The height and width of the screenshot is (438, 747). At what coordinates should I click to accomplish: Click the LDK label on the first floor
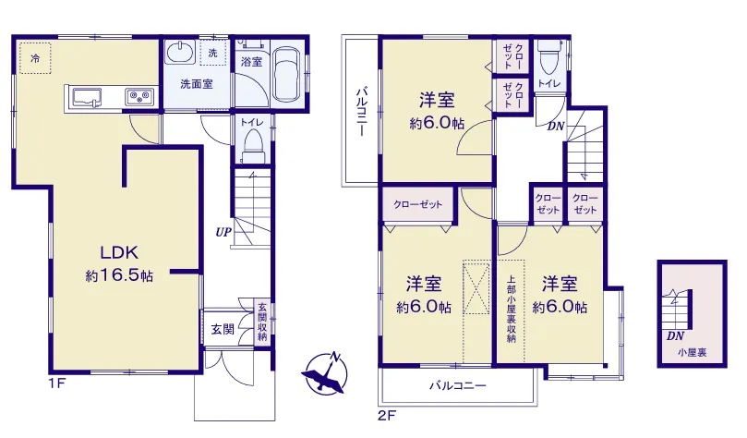pyautogui.click(x=118, y=252)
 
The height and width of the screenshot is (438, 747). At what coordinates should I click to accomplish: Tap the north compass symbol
pyautogui.click(x=325, y=373)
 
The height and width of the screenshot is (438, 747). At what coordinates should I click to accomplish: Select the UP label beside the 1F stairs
pyautogui.click(x=223, y=232)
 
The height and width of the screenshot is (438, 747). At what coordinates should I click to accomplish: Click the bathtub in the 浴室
pyautogui.click(x=287, y=74)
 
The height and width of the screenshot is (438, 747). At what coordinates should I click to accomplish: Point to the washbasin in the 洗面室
pyautogui.click(x=180, y=52)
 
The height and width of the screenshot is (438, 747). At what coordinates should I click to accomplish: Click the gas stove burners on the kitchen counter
pyautogui.click(x=139, y=97)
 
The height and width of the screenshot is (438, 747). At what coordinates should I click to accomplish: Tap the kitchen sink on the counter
pyautogui.click(x=87, y=97)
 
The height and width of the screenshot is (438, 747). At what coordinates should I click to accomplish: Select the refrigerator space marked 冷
pyautogui.click(x=35, y=58)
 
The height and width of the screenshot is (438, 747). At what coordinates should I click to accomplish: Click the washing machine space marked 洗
pyautogui.click(x=213, y=53)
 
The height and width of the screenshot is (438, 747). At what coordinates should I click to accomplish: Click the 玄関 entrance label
pyautogui.click(x=223, y=329)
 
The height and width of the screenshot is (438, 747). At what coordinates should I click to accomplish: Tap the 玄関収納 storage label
pyautogui.click(x=262, y=322)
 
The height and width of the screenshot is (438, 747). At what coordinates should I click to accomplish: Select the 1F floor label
pyautogui.click(x=56, y=383)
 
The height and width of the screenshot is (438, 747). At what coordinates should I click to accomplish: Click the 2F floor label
pyautogui.click(x=386, y=416)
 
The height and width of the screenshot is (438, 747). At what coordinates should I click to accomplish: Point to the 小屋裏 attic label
pyautogui.click(x=693, y=353)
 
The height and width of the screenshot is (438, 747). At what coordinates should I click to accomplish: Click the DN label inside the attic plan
pyautogui.click(x=675, y=336)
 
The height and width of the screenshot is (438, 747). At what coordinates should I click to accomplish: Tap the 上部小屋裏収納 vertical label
pyautogui.click(x=511, y=309)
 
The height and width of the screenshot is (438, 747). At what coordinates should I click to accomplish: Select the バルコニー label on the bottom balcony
pyautogui.click(x=457, y=385)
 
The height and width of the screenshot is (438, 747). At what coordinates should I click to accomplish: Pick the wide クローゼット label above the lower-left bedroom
pyautogui.click(x=417, y=204)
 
